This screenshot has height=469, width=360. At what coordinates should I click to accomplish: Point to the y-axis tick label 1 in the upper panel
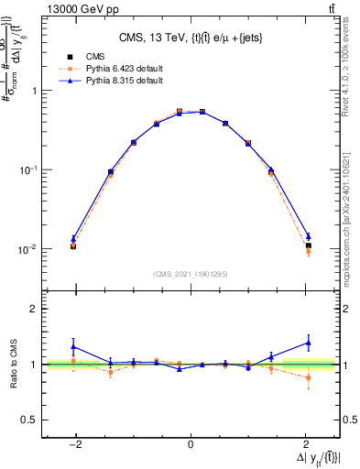[34, 91]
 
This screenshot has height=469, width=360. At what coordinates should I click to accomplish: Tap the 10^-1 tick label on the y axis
[28, 169]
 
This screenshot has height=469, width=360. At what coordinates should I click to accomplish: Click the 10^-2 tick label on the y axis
[28, 249]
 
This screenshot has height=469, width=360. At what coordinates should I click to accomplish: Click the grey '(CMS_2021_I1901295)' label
[191, 274]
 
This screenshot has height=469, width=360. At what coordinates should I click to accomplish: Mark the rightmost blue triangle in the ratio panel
[309, 343]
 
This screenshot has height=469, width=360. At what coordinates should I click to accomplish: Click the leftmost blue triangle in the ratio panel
[73, 347]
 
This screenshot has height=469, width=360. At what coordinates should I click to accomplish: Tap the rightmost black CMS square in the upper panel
[309, 245]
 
